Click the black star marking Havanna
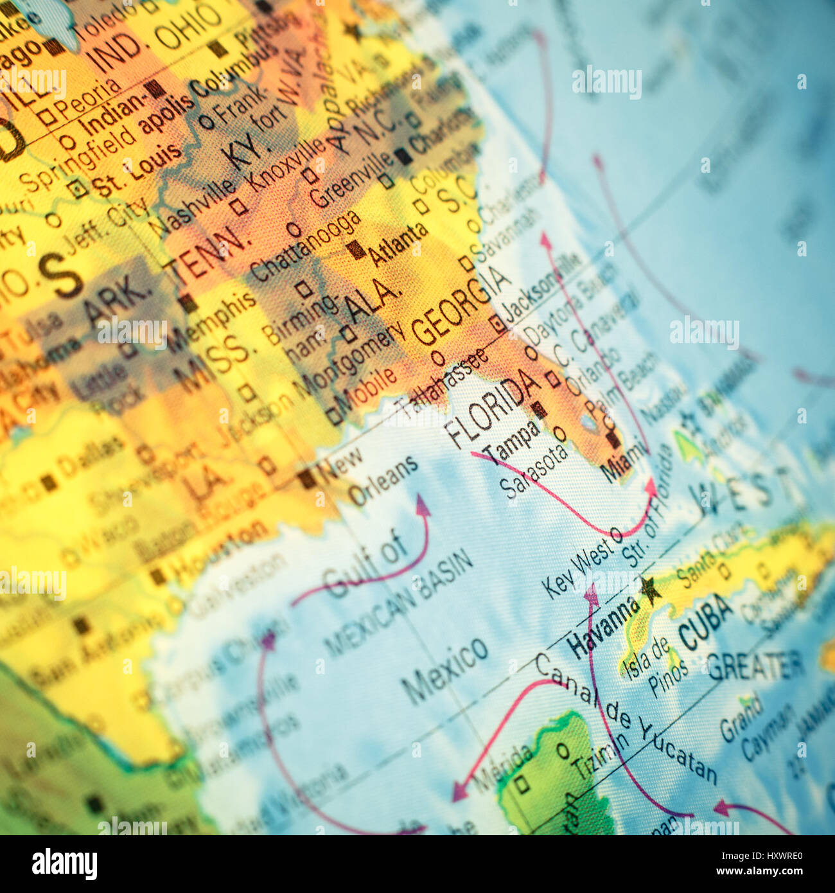(x=649, y=590)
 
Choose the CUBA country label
(x=705, y=621)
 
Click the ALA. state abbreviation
(x=373, y=300)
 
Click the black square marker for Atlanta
(x=355, y=250)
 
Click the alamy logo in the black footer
(x=64, y=864)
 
